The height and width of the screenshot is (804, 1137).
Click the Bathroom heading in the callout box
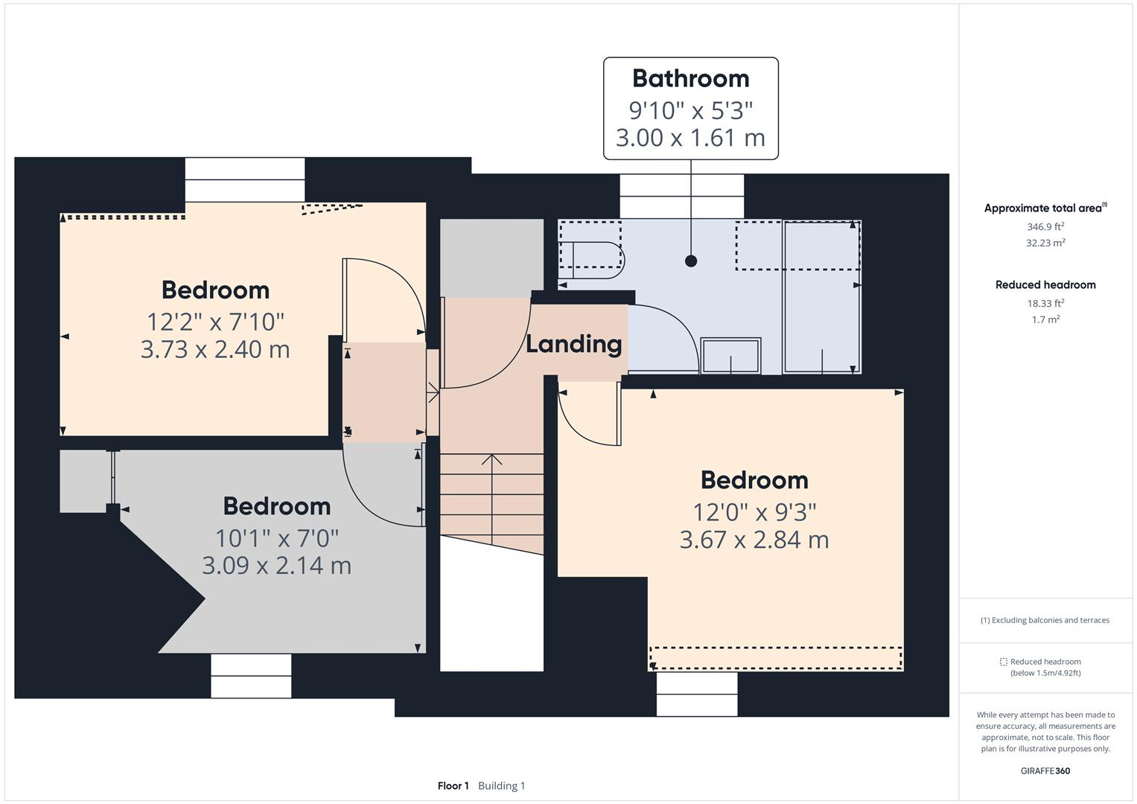pyautogui.click(x=690, y=78)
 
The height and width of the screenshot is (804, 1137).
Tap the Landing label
pyautogui.click(x=573, y=344)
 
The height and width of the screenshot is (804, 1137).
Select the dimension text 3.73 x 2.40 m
pyautogui.click(x=215, y=349)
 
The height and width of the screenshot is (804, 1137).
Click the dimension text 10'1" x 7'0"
pyautogui.click(x=276, y=537)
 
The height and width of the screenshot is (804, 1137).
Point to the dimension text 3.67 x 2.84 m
pyautogui.click(x=754, y=540)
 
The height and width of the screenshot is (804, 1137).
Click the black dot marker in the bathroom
pyautogui.click(x=691, y=261)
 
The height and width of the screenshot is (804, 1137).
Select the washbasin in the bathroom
pyautogui.click(x=730, y=356)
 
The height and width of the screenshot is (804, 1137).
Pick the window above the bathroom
pyautogui.click(x=681, y=197)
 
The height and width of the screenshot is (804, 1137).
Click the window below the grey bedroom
pyautogui.click(x=251, y=676)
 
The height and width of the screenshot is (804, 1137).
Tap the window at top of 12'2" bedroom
pyautogui.click(x=245, y=179)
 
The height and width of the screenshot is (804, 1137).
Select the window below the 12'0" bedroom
pyautogui.click(x=697, y=694)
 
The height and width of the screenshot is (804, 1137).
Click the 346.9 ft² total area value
pyautogui.click(x=1045, y=226)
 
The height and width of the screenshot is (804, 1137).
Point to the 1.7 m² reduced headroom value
pyautogui.click(x=1045, y=319)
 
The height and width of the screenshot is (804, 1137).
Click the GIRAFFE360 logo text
pyautogui.click(x=1045, y=770)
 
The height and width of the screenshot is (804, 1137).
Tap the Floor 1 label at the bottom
pyautogui.click(x=453, y=785)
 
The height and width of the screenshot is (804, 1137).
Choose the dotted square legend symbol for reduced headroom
pyautogui.click(x=1003, y=662)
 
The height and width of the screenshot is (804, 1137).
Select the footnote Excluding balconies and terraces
pyautogui.click(x=1045, y=620)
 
